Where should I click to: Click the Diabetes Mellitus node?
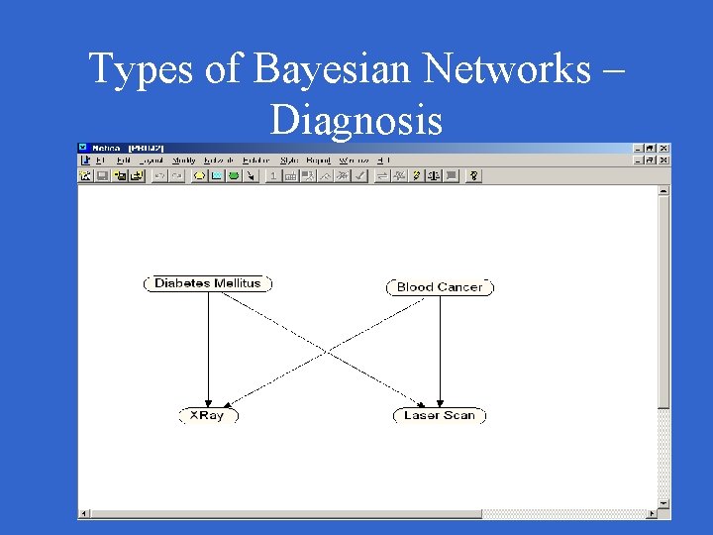click(x=208, y=283)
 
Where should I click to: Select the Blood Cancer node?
click(x=439, y=287)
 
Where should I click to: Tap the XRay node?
click(x=208, y=415)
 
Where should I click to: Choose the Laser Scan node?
click(x=439, y=415)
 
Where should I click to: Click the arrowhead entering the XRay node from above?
click(x=209, y=400)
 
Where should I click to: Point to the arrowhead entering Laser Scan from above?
click(x=439, y=400)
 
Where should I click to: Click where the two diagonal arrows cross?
click(x=326, y=349)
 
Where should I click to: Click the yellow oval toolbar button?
click(x=199, y=175)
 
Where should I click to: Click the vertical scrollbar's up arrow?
click(x=664, y=190)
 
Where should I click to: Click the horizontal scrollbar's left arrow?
click(x=84, y=513)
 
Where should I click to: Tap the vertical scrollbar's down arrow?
click(x=664, y=502)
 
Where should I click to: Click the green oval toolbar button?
click(x=234, y=175)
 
